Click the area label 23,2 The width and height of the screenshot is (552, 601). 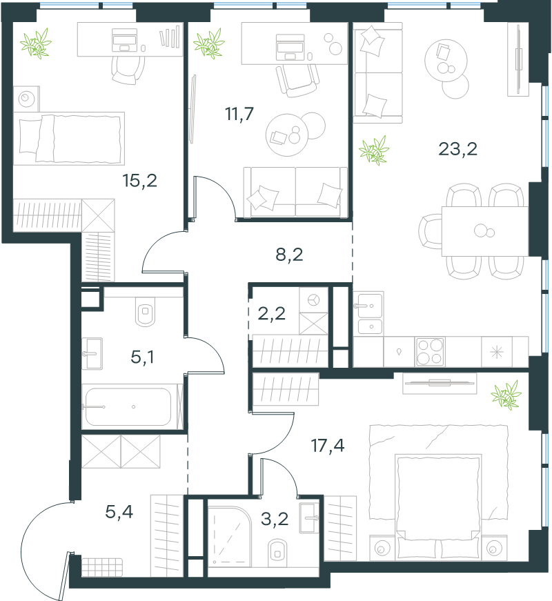coord(457,149)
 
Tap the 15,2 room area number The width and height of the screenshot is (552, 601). coord(139,181)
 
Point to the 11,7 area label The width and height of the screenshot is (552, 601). coord(239,115)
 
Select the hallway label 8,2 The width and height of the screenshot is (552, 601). coord(289,255)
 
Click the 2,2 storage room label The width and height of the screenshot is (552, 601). coord(271,314)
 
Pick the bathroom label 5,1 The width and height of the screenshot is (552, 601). coord(142,357)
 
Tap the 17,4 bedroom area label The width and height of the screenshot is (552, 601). coord(327,445)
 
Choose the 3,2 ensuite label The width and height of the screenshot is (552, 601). coord(275,519)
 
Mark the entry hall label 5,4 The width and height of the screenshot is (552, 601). coord(119,512)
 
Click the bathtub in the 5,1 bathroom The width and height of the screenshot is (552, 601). coord(128,407)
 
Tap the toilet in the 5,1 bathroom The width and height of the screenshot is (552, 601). coord(146,311)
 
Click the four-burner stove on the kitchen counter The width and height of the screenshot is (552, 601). coord(430,352)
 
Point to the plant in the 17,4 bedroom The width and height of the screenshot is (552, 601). coord(506,395)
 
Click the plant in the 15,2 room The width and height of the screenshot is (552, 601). coord(36,43)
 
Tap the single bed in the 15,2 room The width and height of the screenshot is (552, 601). coord(69,139)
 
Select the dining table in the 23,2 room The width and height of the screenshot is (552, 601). coord(485,232)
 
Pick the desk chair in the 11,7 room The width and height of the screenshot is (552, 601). coord(297,81)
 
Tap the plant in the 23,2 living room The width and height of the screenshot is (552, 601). coord(374,150)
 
